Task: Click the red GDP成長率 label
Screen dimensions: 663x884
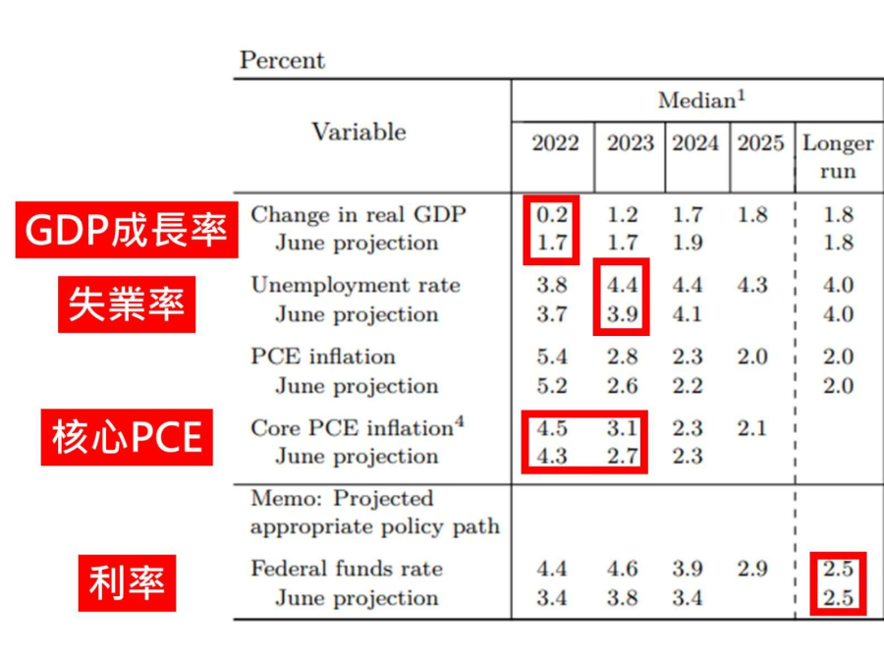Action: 126,230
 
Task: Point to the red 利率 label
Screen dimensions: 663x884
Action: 127,582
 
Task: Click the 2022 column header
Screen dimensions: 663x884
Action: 555,143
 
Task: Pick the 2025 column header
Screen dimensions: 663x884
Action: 761,143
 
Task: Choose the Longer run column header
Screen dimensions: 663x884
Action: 838,157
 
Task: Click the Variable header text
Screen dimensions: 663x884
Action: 359,132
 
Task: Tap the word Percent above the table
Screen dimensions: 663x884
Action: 282,60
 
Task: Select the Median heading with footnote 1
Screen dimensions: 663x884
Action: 702,99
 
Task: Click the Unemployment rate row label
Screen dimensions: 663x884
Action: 356,285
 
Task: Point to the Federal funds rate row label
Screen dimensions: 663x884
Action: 347,568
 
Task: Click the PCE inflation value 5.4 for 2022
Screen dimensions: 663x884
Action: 552,357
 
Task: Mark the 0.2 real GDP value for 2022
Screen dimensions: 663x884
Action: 552,214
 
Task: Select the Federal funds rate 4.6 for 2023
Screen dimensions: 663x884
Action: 623,568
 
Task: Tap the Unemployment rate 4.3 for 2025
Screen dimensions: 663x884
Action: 752,285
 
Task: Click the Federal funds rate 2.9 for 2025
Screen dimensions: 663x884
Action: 752,568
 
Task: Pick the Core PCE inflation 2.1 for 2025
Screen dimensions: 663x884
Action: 752,428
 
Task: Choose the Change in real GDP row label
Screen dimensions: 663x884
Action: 359,214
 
